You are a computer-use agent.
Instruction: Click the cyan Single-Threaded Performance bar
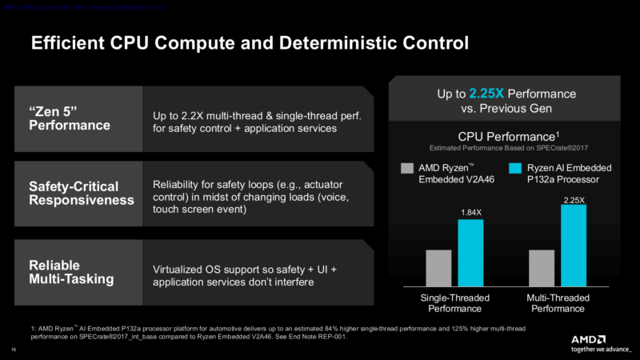[x=470, y=252]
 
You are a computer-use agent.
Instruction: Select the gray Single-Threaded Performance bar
[x=438, y=267]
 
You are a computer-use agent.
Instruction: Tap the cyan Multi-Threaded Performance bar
[x=574, y=244]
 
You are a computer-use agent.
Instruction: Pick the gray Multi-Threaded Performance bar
[x=542, y=267]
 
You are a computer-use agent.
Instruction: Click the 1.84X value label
[x=470, y=212]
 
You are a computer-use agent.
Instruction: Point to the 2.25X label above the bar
[x=574, y=197]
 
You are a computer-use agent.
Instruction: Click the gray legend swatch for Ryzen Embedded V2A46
[x=406, y=169]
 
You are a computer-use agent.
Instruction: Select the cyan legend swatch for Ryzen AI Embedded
[x=517, y=169]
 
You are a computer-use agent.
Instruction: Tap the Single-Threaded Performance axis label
[x=454, y=303]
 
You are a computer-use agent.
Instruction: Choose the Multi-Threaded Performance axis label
[x=558, y=303]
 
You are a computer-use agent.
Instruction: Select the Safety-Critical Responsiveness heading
[x=76, y=193]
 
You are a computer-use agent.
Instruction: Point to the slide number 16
[x=14, y=349]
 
